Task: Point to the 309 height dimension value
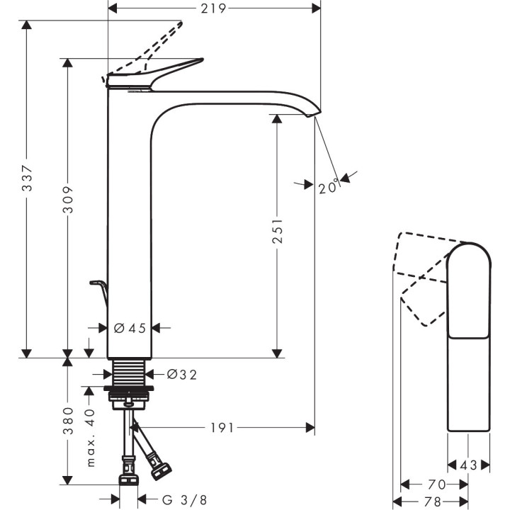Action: (x=68, y=205)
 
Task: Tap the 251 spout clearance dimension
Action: (x=278, y=231)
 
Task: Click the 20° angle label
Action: (x=328, y=188)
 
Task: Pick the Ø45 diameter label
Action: (x=129, y=328)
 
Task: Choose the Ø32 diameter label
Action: (x=181, y=375)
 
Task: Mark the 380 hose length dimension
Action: (x=68, y=420)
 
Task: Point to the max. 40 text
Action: (x=90, y=437)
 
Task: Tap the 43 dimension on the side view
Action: (x=468, y=465)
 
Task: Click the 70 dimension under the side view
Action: (x=436, y=484)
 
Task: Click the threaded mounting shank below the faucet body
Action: (x=129, y=373)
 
